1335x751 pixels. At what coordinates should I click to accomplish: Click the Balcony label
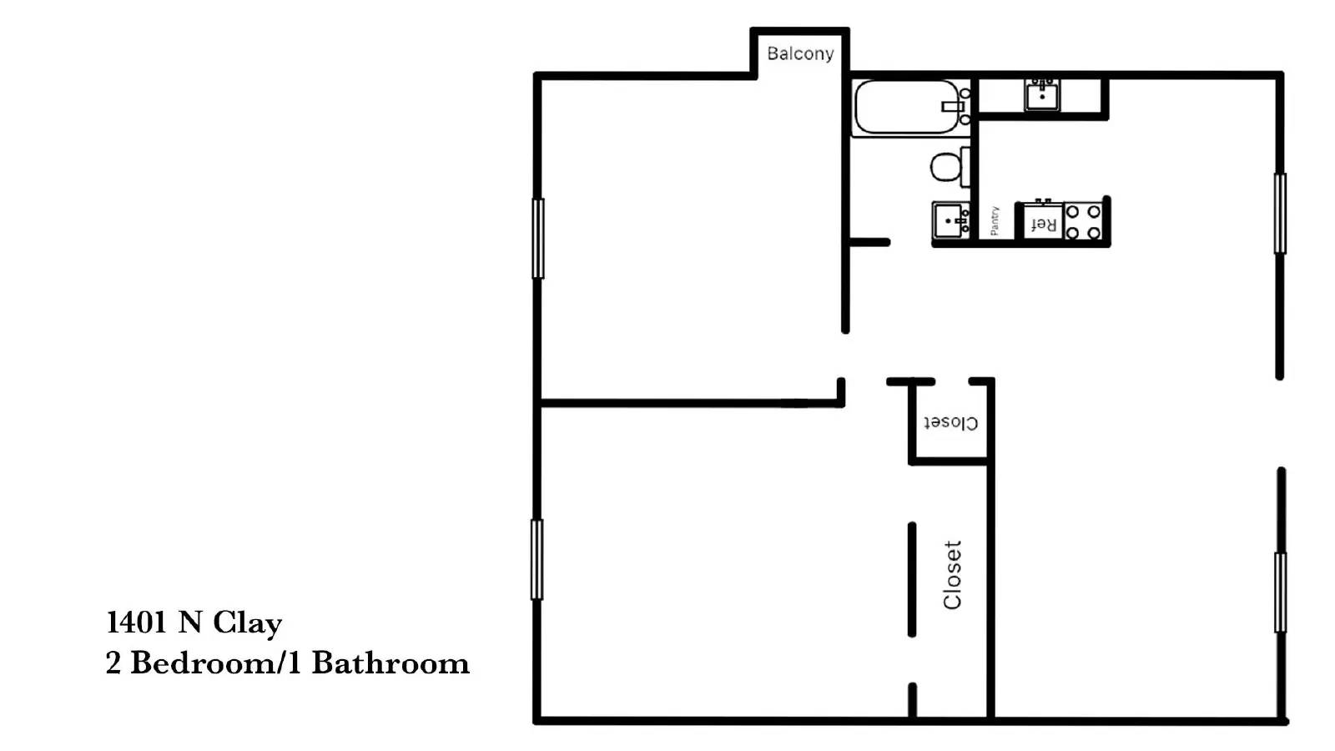tap(800, 53)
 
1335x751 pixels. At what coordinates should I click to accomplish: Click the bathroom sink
tap(950, 220)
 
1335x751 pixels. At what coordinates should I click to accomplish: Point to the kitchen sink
tap(1042, 95)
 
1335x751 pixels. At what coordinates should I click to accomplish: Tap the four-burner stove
tap(1083, 222)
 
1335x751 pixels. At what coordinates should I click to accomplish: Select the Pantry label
tap(995, 221)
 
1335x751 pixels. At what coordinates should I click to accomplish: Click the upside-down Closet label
tap(950, 423)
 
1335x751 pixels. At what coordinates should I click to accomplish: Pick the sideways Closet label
tap(952, 575)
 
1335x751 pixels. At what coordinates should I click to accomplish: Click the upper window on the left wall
tap(538, 239)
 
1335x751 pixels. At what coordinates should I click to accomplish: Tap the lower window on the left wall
tap(537, 559)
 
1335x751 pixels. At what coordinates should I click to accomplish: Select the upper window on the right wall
tap(1280, 213)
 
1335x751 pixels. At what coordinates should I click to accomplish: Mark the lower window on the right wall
tap(1280, 592)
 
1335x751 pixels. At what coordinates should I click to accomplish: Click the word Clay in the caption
tap(247, 622)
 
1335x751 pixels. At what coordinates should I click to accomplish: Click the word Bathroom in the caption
tap(390, 663)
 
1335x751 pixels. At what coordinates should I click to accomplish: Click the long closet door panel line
tap(912, 579)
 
